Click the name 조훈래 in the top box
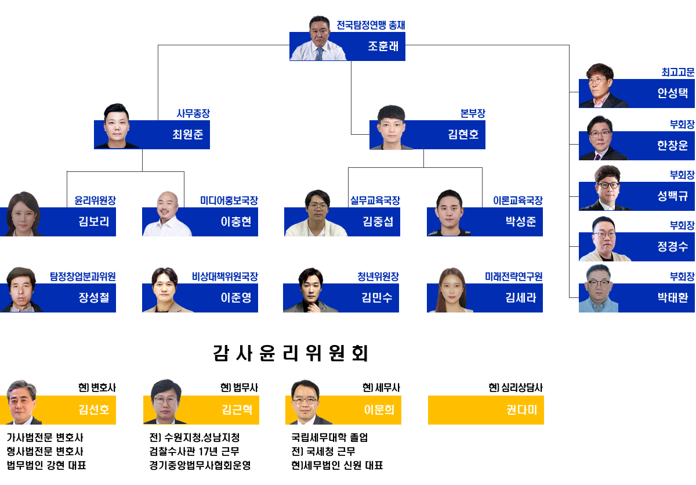click(383, 46)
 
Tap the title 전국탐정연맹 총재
click(371, 25)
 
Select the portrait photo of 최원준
click(115, 127)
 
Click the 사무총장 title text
click(193, 114)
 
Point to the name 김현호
click(463, 135)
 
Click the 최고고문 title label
click(677, 73)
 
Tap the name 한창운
click(672, 145)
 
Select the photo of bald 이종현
click(167, 214)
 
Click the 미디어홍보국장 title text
click(229, 200)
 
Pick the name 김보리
click(94, 221)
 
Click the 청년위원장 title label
click(378, 276)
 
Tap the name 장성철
click(94, 298)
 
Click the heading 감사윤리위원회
click(291, 353)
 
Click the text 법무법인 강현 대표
click(46, 465)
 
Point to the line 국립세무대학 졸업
click(329, 437)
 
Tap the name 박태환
click(672, 298)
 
